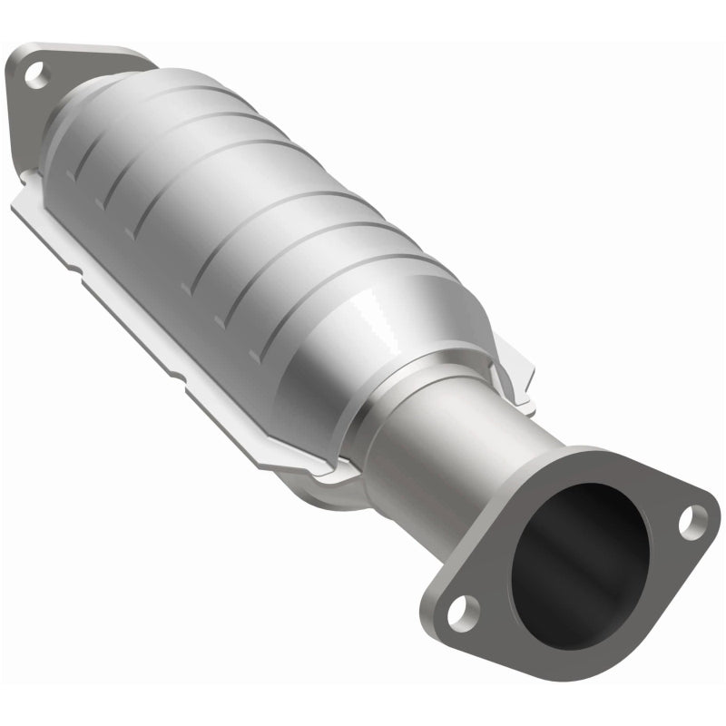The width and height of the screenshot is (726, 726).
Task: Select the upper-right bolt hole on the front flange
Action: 693,520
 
